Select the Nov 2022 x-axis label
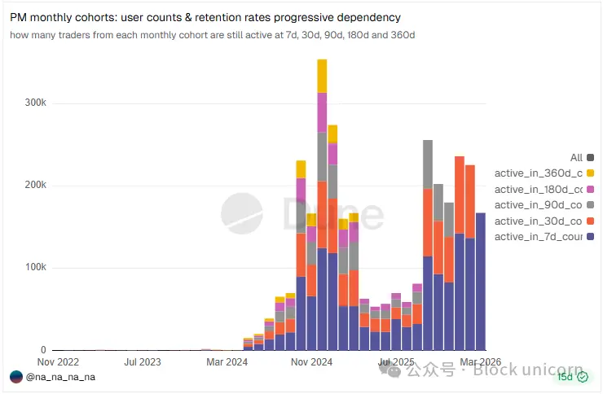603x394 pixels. click(58, 361)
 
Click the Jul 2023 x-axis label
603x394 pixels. click(142, 361)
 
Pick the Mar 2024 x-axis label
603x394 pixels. click(227, 361)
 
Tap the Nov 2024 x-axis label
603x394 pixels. click(312, 361)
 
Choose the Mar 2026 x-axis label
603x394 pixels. click(481, 361)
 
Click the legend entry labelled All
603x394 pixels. click(577, 157)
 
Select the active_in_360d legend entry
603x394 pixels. click(539, 173)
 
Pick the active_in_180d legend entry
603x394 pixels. click(539, 189)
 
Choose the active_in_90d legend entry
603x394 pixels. click(539, 204)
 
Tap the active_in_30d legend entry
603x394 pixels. click(539, 221)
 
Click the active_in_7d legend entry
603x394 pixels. click(539, 236)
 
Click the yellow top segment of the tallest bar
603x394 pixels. click(323, 76)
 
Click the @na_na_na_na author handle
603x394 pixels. click(61, 377)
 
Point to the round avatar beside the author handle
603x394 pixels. click(16, 377)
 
